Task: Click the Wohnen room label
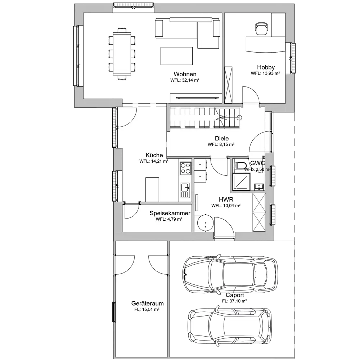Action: [185, 74]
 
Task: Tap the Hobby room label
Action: [266, 67]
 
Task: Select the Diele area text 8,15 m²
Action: [221, 144]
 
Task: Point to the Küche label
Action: [154, 155]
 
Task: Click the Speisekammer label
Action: [170, 213]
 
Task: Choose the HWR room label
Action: [226, 199]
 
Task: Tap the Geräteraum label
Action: [147, 303]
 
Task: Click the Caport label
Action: [235, 295]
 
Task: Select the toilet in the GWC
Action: [240, 166]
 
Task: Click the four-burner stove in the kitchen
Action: [185, 168]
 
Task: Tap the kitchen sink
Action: [185, 190]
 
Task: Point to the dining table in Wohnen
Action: [122, 54]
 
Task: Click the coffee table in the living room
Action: [176, 56]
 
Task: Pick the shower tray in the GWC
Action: [241, 182]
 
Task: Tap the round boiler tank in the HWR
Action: [205, 222]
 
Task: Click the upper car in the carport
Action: [230, 274]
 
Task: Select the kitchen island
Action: [152, 190]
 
